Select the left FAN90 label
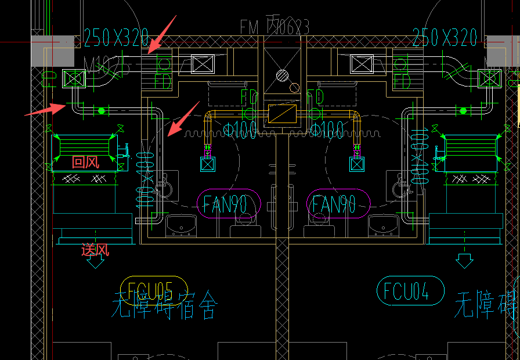coord(228,204)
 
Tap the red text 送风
coord(95,251)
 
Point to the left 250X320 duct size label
coord(117,38)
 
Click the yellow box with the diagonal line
coord(282,113)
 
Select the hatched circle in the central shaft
coord(281,75)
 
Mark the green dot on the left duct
coord(101,110)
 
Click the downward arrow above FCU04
coord(464,261)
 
